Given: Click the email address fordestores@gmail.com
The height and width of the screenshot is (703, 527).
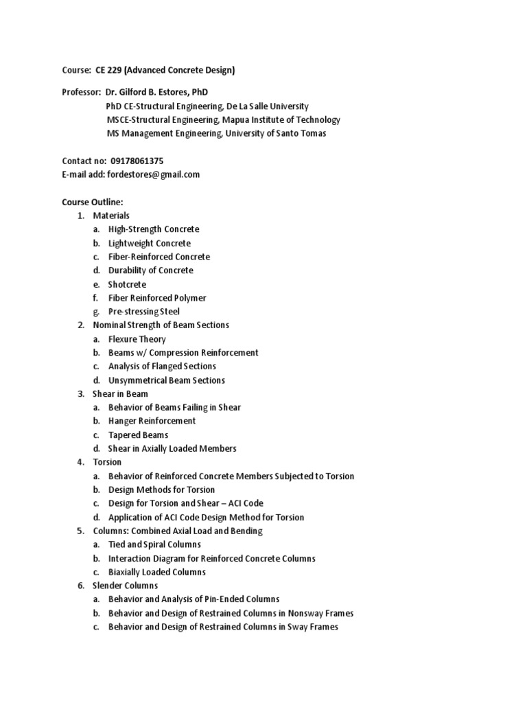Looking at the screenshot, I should (x=153, y=174).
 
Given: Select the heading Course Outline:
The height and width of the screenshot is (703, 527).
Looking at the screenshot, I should (x=92, y=202).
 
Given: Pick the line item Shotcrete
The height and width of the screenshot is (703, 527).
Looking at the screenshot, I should (x=127, y=284).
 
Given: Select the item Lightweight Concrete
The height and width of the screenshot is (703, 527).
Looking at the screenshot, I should (x=149, y=243).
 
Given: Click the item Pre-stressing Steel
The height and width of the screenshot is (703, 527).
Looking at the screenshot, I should (x=144, y=312).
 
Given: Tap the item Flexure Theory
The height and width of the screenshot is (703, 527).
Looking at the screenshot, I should (x=137, y=339).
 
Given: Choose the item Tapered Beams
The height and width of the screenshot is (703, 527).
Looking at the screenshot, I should (x=138, y=435).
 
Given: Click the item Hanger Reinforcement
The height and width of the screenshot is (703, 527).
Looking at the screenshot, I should (x=152, y=421).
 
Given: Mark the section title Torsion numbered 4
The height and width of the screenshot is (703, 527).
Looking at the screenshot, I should (x=107, y=462).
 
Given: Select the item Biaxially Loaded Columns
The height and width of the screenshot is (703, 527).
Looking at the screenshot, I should (x=156, y=572).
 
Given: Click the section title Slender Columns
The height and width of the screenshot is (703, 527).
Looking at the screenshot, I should (x=125, y=586).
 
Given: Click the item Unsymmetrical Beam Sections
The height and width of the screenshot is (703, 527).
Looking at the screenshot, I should (x=166, y=380).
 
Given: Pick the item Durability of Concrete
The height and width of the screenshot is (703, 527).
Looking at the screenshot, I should (x=150, y=270).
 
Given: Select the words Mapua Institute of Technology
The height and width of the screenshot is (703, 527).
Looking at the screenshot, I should (x=281, y=120).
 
